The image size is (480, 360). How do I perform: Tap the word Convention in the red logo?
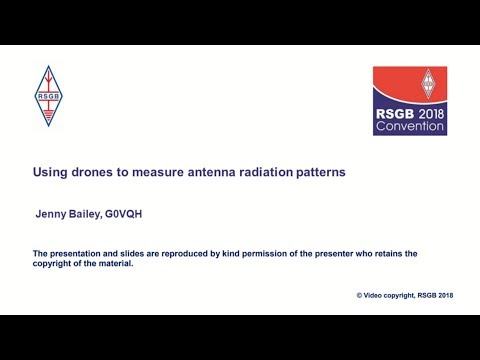coord(410,128)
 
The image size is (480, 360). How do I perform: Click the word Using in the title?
coord(50,172)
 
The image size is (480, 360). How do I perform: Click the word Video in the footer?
coord(378,296)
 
